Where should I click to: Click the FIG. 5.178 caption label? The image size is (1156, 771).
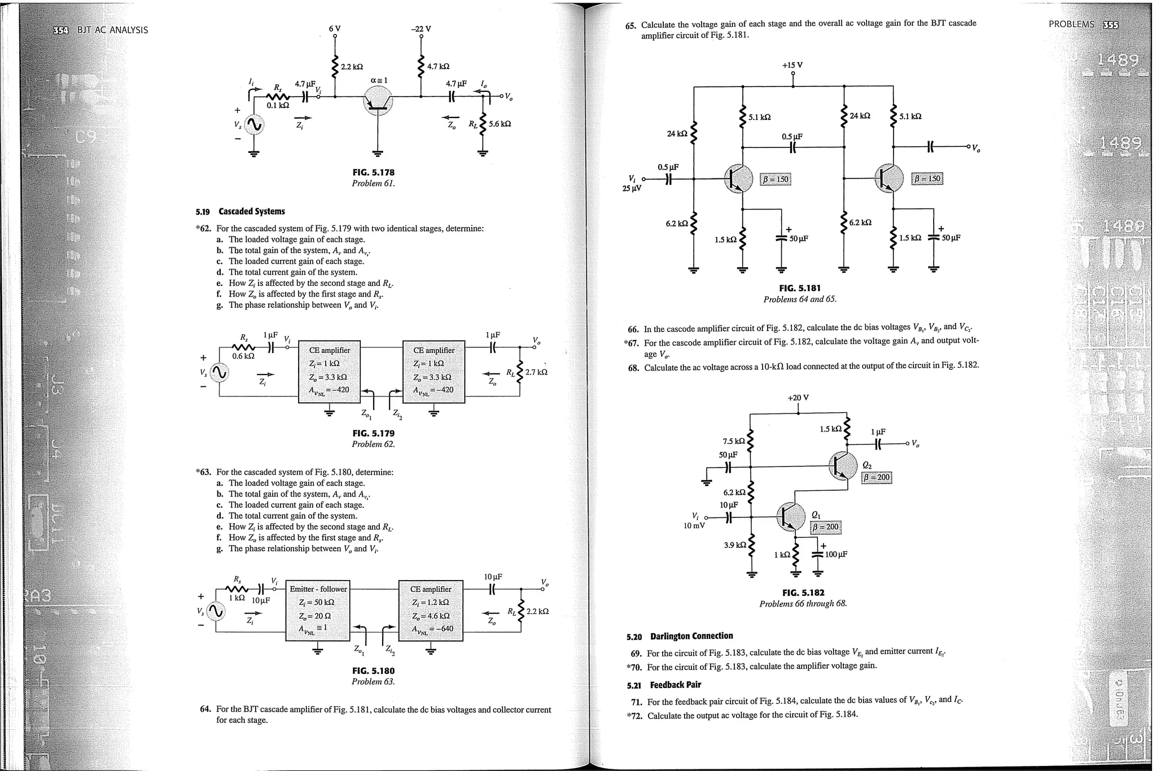pyautogui.click(x=373, y=172)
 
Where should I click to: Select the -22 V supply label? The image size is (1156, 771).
pyautogui.click(x=421, y=29)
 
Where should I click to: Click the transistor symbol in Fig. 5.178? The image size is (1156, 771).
pyautogui.click(x=378, y=102)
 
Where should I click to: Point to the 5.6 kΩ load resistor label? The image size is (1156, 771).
pyautogui.click(x=500, y=124)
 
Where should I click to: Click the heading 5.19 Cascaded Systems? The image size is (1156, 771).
pyautogui.click(x=240, y=211)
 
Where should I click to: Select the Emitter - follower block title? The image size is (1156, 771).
pyautogui.click(x=318, y=589)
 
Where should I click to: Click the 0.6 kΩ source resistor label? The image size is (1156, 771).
pyautogui.click(x=244, y=356)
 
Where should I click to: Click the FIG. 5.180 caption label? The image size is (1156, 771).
pyautogui.click(x=373, y=671)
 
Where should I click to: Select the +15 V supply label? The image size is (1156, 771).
pyautogui.click(x=792, y=65)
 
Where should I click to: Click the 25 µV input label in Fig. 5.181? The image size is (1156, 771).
pyautogui.click(x=632, y=188)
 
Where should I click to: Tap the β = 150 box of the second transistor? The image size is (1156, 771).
pyautogui.click(x=927, y=179)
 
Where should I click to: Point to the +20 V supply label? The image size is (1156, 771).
pyautogui.click(x=798, y=398)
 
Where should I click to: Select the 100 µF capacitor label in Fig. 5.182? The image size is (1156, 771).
pyautogui.click(x=836, y=555)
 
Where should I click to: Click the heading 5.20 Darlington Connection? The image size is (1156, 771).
pyautogui.click(x=680, y=636)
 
